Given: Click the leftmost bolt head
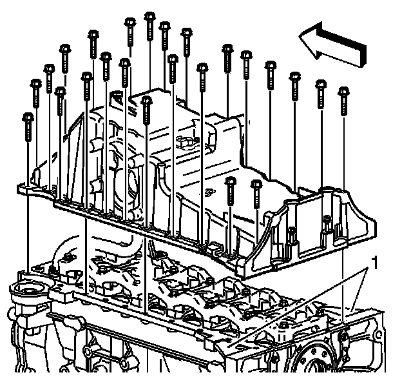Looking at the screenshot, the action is click(28, 118).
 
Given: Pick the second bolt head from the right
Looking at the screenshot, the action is click(320, 85).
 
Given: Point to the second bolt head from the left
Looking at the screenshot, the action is click(36, 84).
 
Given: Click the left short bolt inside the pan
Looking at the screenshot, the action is click(230, 182).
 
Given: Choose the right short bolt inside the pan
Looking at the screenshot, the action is click(256, 185).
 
